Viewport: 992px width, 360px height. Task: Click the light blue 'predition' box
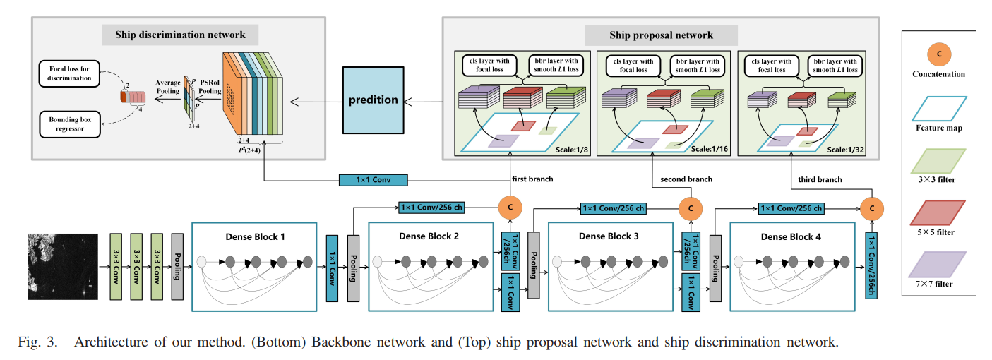pos(373,100)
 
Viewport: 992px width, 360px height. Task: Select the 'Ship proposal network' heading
pos(661,35)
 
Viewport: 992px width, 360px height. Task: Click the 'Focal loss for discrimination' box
pos(71,73)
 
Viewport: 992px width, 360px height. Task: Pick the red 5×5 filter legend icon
pos(938,211)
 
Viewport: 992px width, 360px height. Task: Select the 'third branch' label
pos(820,180)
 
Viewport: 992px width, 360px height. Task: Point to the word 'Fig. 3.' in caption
pos(36,343)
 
